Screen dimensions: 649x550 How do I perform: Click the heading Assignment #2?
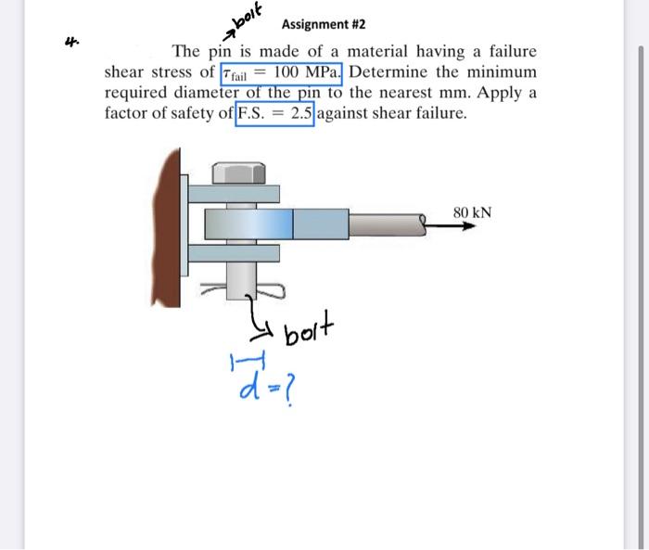click(324, 24)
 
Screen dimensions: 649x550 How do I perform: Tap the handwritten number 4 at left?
click(71, 42)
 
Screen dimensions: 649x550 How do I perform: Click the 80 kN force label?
click(472, 213)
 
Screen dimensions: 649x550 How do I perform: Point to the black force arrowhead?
click(469, 226)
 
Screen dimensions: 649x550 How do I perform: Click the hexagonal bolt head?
click(239, 173)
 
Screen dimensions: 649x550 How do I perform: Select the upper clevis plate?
click(234, 194)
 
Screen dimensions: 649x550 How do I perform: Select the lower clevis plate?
click(234, 253)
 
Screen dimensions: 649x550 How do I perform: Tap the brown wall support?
click(167, 228)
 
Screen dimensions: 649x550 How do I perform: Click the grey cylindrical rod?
click(388, 225)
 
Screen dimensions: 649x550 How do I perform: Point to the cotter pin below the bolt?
click(243, 290)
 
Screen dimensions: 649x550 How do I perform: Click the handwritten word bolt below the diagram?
click(309, 328)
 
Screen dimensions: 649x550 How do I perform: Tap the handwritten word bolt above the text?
click(248, 17)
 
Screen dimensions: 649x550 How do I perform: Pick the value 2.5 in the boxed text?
click(301, 113)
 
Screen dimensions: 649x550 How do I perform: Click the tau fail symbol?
click(235, 74)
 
